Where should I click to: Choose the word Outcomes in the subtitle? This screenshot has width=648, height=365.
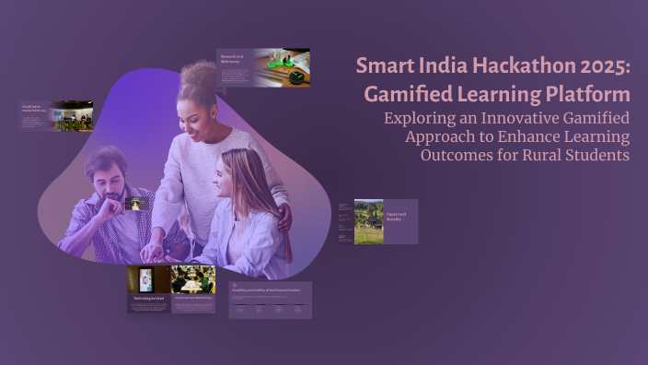[455, 155]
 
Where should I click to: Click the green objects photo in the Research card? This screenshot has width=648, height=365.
[282, 69]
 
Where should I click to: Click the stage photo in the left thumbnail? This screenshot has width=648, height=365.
[72, 116]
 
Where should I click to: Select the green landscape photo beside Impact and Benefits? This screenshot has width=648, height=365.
[368, 222]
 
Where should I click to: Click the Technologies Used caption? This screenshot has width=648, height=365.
[148, 300]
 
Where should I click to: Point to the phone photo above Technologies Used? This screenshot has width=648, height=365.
[147, 279]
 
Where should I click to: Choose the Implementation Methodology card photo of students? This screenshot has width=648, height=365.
[192, 279]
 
